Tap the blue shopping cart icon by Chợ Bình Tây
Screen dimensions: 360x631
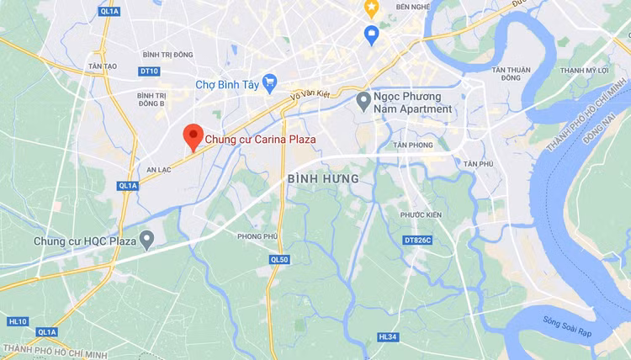point(269,82)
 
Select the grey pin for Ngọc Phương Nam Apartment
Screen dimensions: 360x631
point(363,102)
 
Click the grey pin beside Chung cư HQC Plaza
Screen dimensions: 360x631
point(147,241)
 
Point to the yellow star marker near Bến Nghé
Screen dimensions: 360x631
point(371,8)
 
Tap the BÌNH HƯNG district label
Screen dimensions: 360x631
point(323,179)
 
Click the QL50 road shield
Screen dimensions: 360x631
point(280,260)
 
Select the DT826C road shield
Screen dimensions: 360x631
point(416,241)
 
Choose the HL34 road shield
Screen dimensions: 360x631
point(387,336)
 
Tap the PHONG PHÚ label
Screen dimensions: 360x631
point(256,236)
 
